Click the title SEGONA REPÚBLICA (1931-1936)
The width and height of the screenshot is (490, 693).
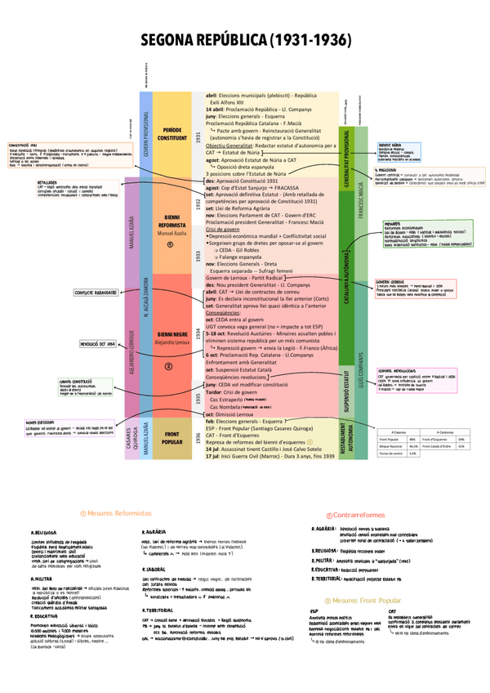pos(245,40)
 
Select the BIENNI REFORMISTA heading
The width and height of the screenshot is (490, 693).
pos(172,223)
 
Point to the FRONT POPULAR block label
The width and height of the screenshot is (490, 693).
pos(172,438)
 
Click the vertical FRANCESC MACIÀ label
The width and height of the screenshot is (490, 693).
pos(360,200)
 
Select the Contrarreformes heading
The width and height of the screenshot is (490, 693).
pos(358,515)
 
